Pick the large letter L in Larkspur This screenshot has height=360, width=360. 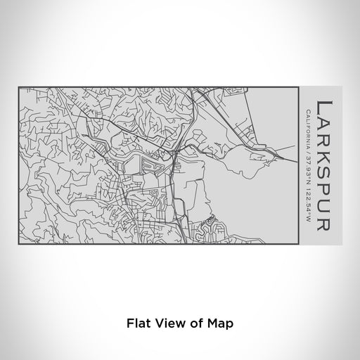point(326,107)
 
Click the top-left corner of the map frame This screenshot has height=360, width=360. point(19,87)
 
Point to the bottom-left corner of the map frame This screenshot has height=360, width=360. point(19,246)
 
